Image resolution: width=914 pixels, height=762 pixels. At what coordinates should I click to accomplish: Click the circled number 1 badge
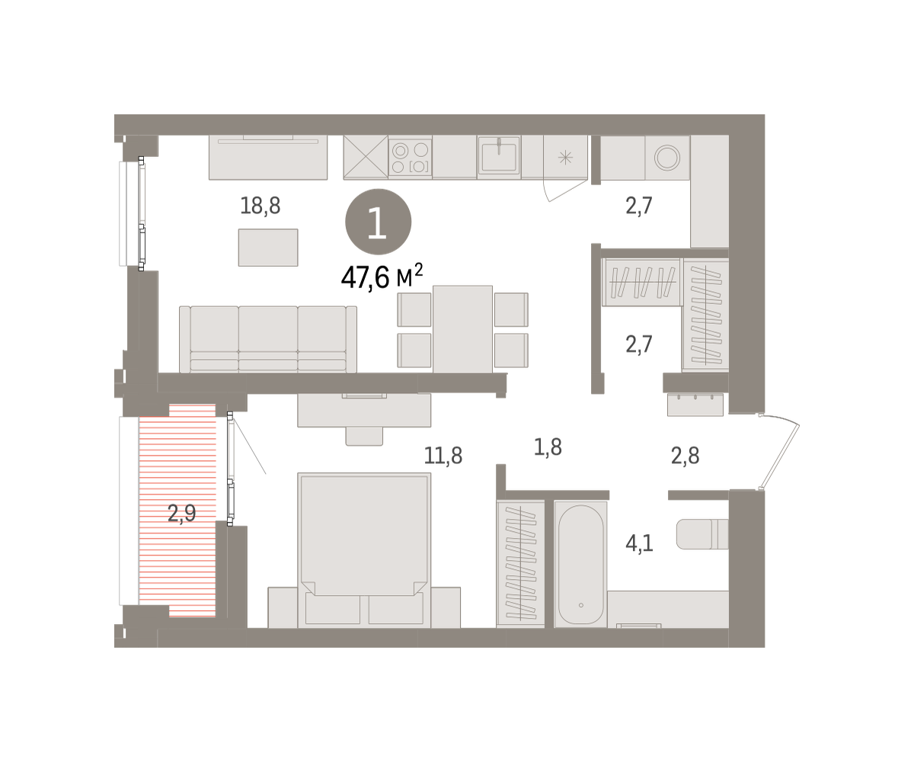point(379,222)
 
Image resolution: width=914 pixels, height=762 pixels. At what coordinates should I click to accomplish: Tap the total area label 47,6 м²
point(382,277)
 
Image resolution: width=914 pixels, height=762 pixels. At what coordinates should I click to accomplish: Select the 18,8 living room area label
point(260,206)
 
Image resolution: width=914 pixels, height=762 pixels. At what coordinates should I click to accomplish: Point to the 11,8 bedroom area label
point(443,456)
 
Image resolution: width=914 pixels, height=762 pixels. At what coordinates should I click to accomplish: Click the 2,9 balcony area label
point(182,513)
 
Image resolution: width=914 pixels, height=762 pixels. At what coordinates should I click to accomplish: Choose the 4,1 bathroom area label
point(640,543)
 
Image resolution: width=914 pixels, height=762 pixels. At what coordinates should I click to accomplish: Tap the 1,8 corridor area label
point(548,447)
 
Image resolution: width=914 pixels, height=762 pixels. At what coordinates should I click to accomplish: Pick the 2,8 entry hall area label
point(685,456)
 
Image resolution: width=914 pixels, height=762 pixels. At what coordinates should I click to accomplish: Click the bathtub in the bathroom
point(580,565)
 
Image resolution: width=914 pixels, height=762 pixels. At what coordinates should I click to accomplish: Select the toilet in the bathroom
point(702,534)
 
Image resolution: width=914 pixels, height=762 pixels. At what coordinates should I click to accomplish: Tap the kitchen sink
point(499,156)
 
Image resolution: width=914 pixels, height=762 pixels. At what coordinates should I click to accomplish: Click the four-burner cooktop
point(411,158)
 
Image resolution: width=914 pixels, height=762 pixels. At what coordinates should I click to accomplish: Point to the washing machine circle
point(667,157)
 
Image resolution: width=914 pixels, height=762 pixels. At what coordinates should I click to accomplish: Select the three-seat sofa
point(268,339)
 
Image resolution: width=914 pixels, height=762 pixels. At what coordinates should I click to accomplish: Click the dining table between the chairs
point(462,329)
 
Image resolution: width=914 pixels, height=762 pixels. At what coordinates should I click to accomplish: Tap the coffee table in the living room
point(268,248)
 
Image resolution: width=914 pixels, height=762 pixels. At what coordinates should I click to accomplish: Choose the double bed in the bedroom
point(364,550)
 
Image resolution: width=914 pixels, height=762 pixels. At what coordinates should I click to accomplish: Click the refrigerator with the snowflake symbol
point(566,157)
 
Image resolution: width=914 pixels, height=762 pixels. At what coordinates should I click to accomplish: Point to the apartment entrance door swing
point(781,451)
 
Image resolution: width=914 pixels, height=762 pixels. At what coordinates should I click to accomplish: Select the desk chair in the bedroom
point(364,436)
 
